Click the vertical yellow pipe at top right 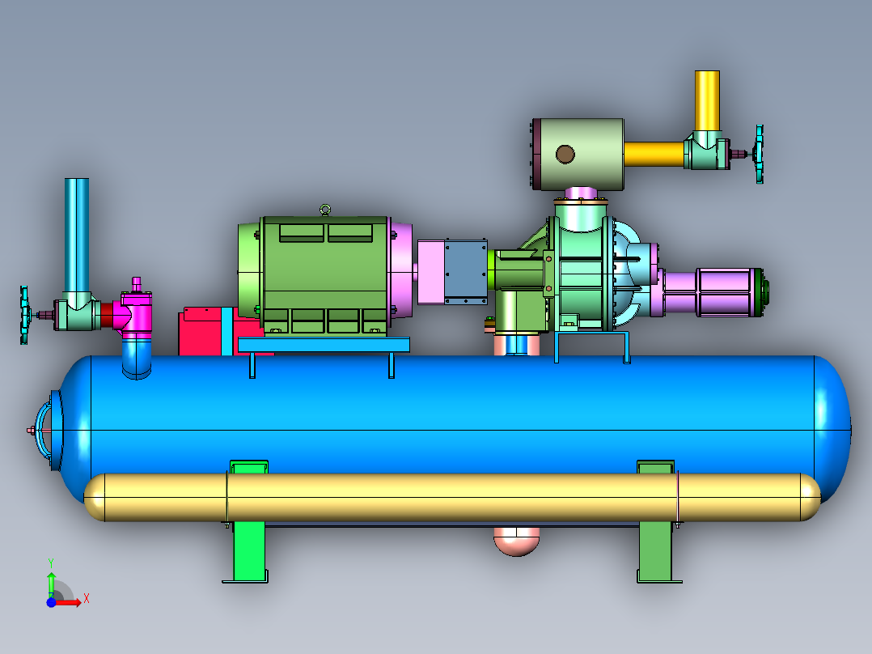point(707,101)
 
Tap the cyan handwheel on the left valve point(24,315)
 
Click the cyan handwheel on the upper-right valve point(759,154)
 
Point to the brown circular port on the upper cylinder point(565,154)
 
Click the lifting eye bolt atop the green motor point(325,210)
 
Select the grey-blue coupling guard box point(465,272)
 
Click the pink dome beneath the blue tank point(517,541)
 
